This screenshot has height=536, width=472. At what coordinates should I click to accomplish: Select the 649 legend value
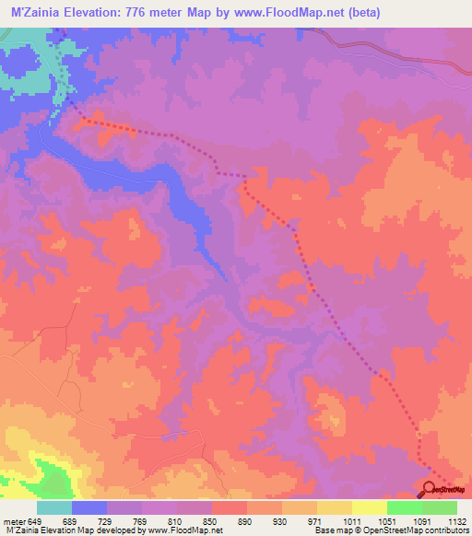36,521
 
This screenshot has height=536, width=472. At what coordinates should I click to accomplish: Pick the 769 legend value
142,521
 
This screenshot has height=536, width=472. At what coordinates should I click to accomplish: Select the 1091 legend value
423,521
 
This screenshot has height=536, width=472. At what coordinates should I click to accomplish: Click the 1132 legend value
457,521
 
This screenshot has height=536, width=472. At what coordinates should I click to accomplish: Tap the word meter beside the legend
15,521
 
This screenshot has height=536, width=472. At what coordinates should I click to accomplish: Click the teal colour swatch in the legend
54,507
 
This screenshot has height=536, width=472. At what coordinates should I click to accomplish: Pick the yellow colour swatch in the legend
370,507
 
